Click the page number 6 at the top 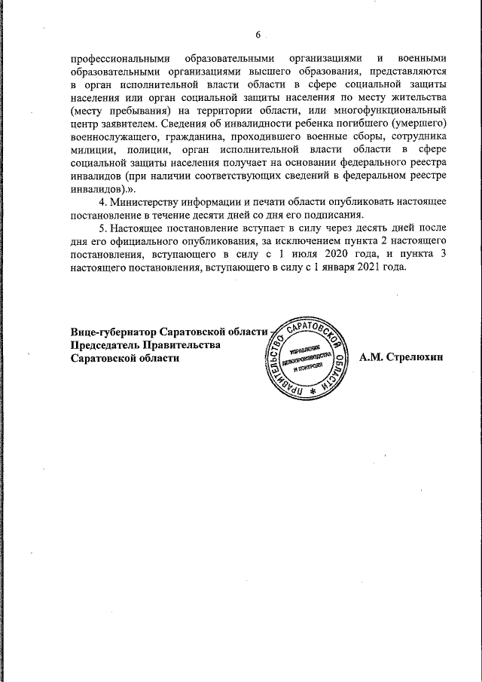pyautogui.click(x=258, y=35)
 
